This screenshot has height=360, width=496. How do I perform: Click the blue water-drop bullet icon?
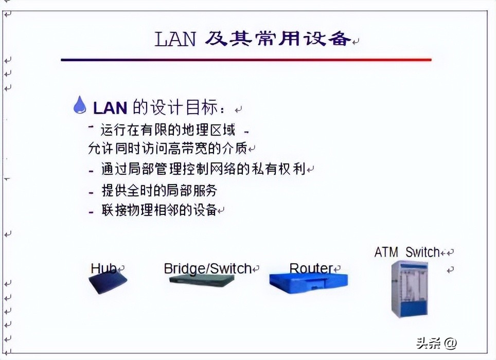coord(80,104)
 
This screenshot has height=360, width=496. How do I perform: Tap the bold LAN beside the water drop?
coord(110,108)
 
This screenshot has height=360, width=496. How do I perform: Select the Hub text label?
coord(103,268)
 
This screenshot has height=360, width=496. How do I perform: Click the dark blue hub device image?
coord(108,282)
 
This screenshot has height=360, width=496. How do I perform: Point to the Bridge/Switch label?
coord(207,268)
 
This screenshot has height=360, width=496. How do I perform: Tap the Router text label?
coord(311,268)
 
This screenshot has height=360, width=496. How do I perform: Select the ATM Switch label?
coord(407,252)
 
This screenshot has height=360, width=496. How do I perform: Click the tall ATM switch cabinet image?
coord(410,289)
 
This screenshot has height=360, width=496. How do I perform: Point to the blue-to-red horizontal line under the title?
coord(246,60)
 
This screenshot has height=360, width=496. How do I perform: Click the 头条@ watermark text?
coord(429,343)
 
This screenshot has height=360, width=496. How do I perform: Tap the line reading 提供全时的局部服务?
coord(159,191)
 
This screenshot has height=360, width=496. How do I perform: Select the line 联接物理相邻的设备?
coord(159,210)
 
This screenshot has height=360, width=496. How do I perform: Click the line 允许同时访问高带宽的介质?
coord(167,149)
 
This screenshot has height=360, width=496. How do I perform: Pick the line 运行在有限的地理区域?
coord(168,129)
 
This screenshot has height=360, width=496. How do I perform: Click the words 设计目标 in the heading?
coord(192,108)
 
